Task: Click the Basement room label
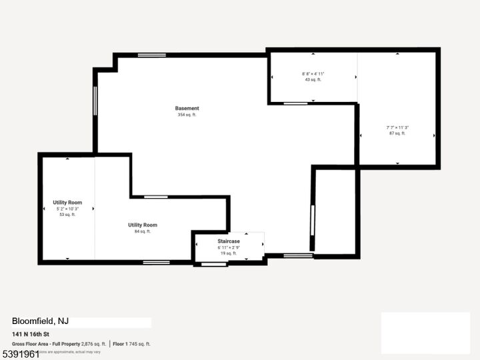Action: [x=187, y=108]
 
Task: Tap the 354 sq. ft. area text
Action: [x=187, y=115]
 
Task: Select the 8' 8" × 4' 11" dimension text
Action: [x=313, y=73]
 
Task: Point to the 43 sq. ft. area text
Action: [x=313, y=79]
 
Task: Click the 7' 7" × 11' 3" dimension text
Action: [x=397, y=127]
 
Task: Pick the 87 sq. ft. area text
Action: [x=397, y=133]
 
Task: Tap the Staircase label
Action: [x=229, y=241]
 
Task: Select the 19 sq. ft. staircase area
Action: [x=229, y=253]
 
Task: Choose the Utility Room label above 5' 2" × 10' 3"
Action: [x=67, y=202]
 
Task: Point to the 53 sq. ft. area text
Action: [x=67, y=215]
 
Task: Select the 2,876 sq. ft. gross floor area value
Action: [x=93, y=344]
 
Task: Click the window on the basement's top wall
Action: [x=152, y=55]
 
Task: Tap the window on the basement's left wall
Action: [x=95, y=101]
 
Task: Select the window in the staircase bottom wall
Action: [x=214, y=265]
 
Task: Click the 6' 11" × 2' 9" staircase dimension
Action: [x=229, y=247]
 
